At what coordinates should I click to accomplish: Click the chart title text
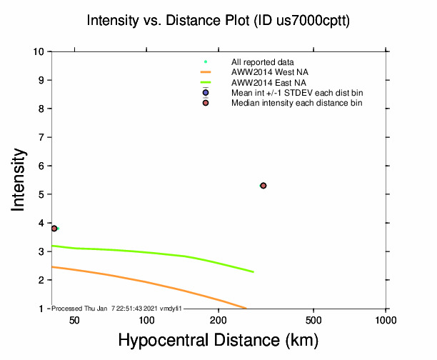pos(218,21)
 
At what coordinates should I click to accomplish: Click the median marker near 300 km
pos(263,186)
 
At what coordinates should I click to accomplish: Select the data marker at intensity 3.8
pos(54,229)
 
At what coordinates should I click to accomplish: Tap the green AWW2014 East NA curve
pos(143,252)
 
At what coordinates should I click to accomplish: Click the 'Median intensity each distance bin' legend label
pos(296,103)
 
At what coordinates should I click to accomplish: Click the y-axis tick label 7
pos(43,137)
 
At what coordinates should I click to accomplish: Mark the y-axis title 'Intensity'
pos(19,180)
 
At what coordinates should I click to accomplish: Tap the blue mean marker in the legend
pos(206,93)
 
